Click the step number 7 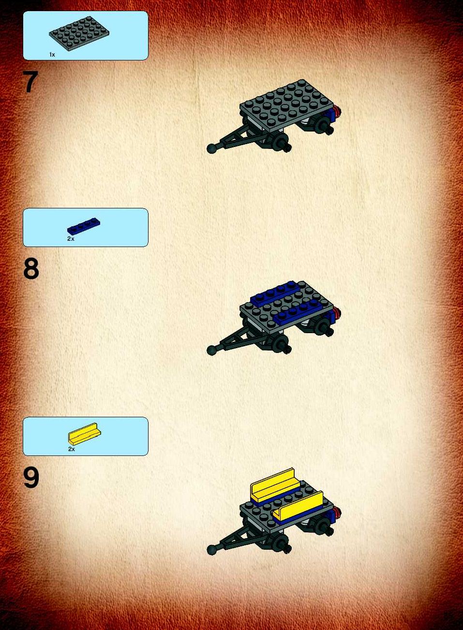point(30,82)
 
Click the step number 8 point(31,269)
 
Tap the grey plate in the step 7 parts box point(79,33)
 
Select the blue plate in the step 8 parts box point(84,227)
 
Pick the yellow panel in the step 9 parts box point(85,434)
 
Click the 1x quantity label point(52,55)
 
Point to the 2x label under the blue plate point(71,239)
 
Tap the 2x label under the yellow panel point(72,449)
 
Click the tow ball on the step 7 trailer point(211,148)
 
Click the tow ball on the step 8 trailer point(211,351)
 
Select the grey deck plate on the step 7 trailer point(286,106)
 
